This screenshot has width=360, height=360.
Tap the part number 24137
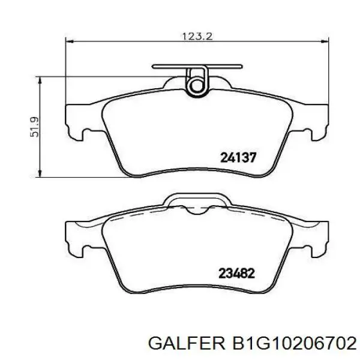click(x=238, y=158)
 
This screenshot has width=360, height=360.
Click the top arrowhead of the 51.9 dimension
click(x=41, y=79)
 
